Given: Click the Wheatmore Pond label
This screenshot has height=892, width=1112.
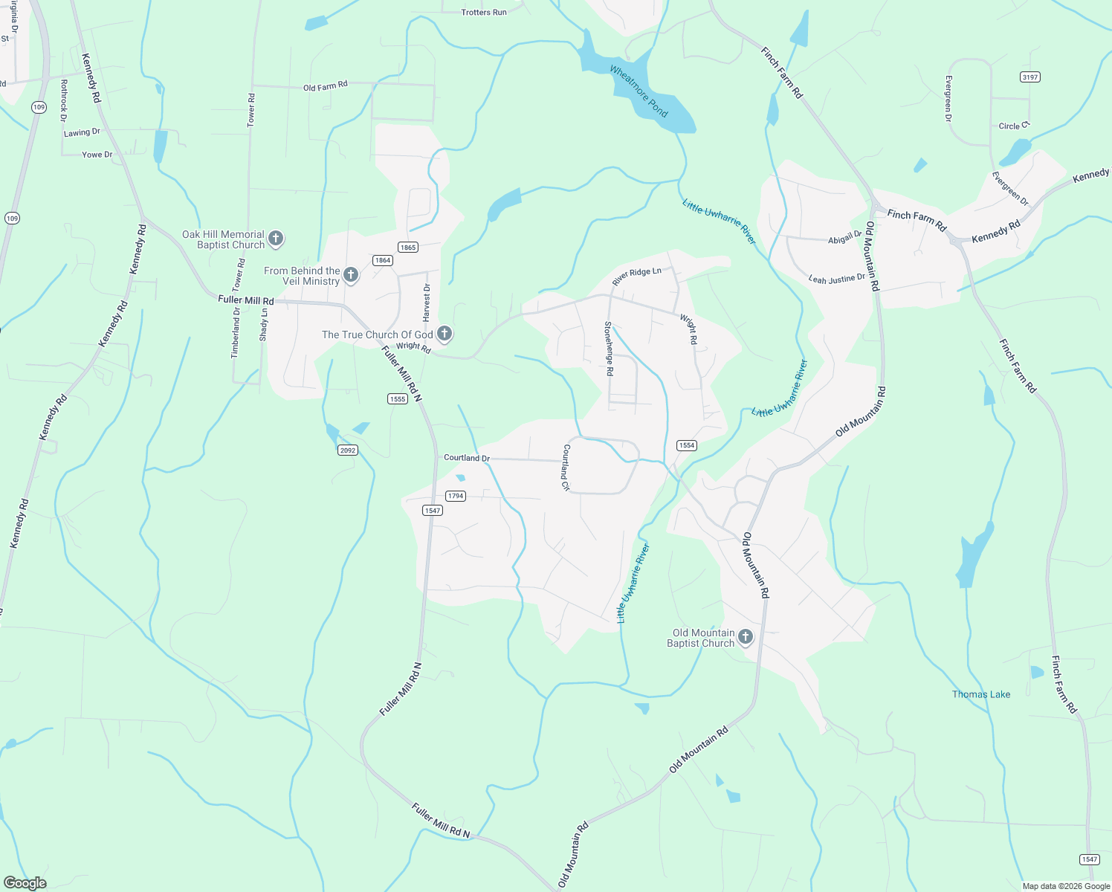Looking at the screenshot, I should point(639,91).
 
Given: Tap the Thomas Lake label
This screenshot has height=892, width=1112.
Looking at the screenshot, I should point(981,694).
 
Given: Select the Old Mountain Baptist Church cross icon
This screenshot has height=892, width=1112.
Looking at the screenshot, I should point(746,637).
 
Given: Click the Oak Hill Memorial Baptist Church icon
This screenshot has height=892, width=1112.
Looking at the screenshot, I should point(276,239).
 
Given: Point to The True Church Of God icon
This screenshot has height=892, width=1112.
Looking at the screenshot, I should point(445,334).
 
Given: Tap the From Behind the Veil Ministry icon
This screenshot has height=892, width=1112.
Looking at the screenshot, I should point(351,275).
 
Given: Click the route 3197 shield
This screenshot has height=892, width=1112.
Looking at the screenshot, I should point(1029,77).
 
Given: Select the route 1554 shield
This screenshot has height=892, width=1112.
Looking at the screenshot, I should point(686,445).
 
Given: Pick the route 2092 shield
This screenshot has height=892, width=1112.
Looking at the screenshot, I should point(347,450).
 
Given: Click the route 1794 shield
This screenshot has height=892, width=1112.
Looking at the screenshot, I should point(456,496).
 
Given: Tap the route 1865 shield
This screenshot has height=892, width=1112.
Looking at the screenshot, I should point(407,248).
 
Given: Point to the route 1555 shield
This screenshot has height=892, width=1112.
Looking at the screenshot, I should point(398,399).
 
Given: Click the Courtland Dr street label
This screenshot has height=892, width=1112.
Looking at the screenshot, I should point(467,458).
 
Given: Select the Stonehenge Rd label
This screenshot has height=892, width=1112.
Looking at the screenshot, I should point(609,348).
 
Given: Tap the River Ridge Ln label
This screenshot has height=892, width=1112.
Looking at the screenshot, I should point(636,277).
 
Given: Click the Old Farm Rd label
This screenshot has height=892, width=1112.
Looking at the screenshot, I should point(325,87).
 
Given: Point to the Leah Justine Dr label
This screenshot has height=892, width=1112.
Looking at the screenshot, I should point(836,279).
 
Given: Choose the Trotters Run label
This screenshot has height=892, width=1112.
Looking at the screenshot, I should point(484,13).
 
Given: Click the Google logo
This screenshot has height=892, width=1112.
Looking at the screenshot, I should point(25,883).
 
